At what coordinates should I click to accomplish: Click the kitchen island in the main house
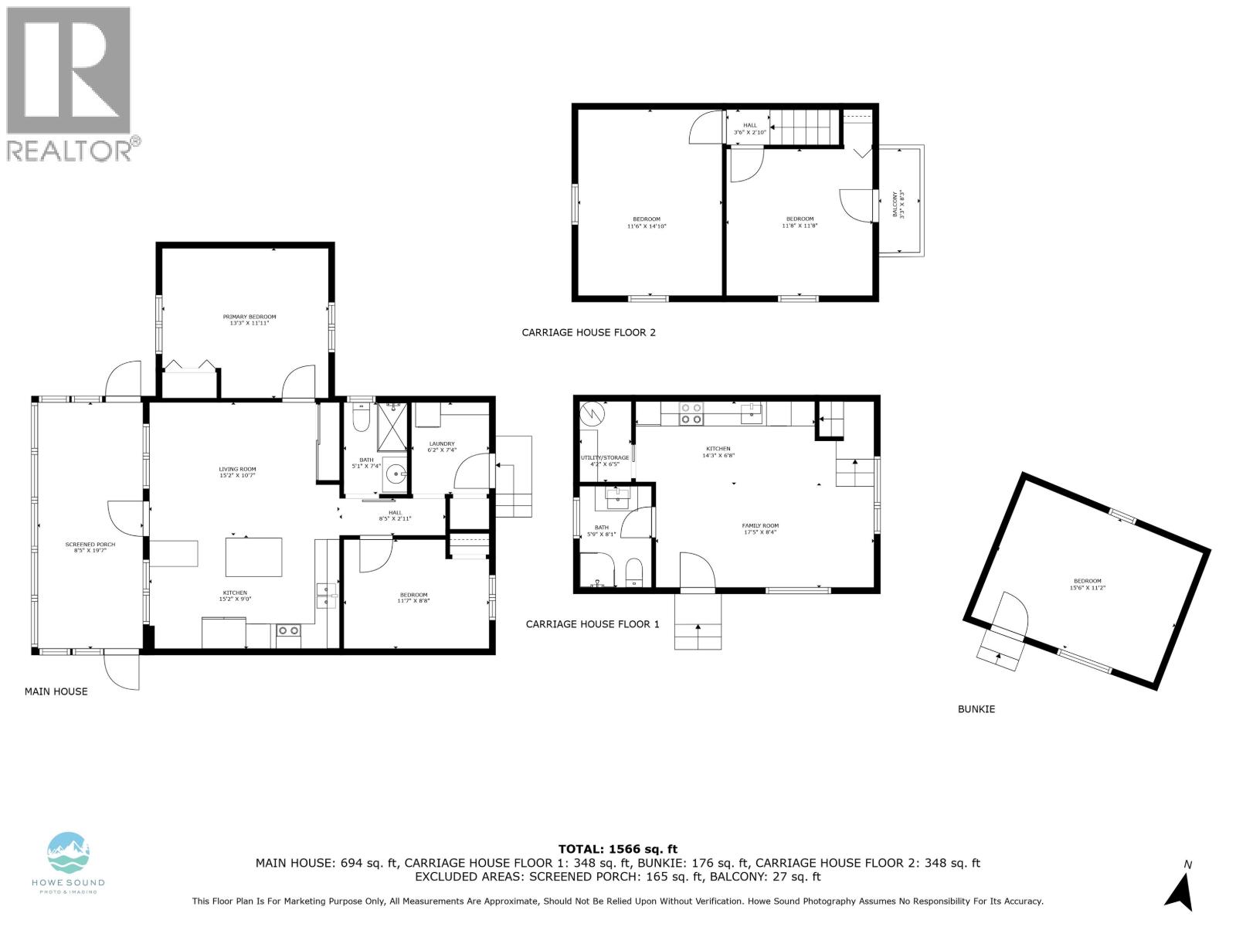coord(253,557)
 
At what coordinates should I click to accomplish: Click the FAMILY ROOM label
coord(760,528)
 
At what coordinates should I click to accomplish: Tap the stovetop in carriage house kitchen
coord(690,414)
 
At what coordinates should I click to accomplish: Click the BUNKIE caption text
coord(976,708)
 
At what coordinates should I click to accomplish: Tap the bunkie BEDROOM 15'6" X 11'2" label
coord(1087,584)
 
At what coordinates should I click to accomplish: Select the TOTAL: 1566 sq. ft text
coord(617,849)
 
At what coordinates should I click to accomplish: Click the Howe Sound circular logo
coord(69,854)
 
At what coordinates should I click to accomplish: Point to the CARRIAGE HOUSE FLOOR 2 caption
coord(589,333)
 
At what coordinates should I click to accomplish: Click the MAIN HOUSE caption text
coord(56,691)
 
